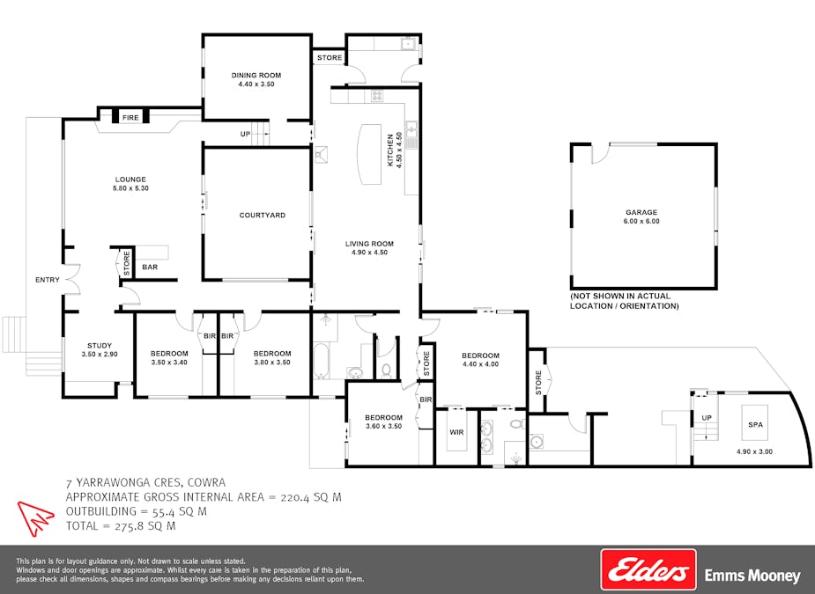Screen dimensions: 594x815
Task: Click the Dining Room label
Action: [256, 76]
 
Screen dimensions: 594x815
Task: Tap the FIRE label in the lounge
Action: [130, 117]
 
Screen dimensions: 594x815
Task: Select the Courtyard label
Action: [262, 215]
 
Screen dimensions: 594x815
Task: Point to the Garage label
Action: [641, 212]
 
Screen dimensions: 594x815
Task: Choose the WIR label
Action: [456, 432]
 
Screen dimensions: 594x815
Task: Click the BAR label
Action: [150, 267]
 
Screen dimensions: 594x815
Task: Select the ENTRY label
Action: [48, 280]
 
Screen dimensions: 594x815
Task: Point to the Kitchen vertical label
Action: [390, 150]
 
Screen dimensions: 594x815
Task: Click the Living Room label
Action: [368, 244]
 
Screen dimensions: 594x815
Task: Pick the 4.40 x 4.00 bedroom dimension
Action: [480, 364]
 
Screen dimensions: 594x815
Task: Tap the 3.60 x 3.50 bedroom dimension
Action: [383, 426]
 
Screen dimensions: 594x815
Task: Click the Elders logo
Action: [648, 569]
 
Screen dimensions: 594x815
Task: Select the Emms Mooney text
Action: [752, 576]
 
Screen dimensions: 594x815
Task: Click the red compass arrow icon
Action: [36, 517]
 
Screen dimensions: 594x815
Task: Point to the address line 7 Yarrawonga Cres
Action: [145, 482]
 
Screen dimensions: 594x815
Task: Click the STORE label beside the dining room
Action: [329, 58]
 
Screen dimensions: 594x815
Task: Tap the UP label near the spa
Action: [706, 417]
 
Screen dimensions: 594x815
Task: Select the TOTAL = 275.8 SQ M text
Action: [121, 526]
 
